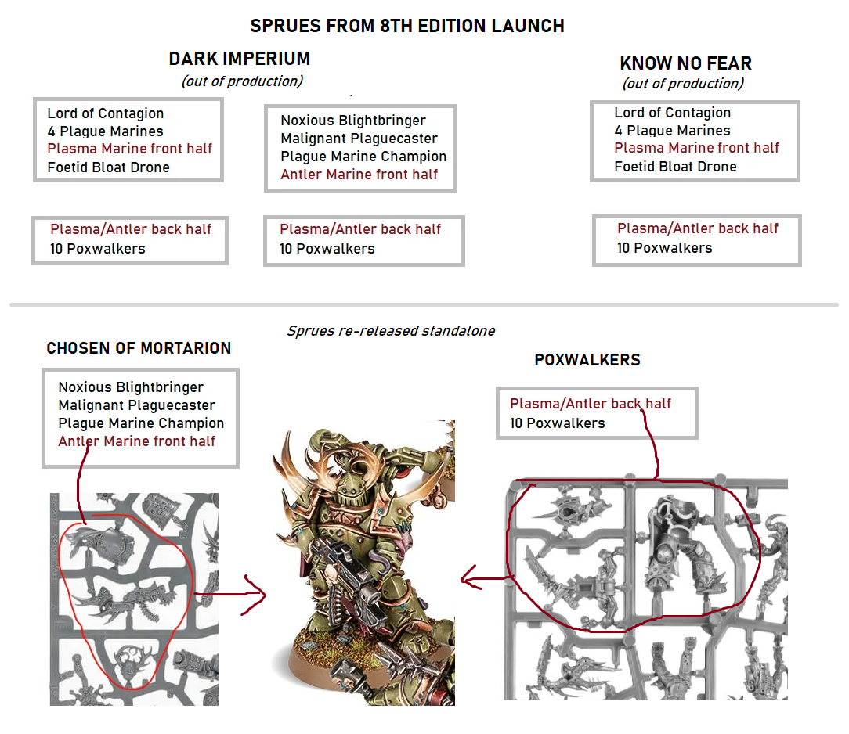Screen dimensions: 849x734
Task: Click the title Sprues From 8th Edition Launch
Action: point(407,26)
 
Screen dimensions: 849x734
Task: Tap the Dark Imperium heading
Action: point(240,59)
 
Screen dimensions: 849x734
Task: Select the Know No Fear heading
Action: point(685,63)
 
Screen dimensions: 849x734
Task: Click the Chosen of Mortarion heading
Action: point(139,347)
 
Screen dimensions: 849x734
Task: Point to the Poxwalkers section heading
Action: point(587,360)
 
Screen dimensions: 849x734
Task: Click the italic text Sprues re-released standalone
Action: point(391,330)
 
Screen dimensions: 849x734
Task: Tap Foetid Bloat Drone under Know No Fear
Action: point(675,167)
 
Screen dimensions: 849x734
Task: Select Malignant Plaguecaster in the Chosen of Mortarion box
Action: point(136,405)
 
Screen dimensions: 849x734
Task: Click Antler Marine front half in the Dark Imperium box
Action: point(359,175)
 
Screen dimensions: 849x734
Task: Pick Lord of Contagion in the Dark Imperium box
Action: point(105,113)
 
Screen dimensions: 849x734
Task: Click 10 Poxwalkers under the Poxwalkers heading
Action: point(557,423)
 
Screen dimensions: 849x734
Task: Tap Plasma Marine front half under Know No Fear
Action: point(696,148)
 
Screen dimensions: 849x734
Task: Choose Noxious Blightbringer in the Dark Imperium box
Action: point(353,120)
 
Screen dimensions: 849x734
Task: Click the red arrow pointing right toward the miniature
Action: point(230,595)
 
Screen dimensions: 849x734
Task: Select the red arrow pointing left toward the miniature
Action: point(485,578)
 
